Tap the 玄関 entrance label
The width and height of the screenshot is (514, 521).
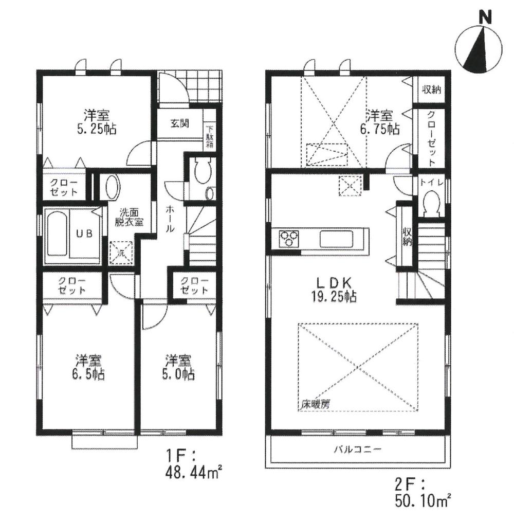click(179, 123)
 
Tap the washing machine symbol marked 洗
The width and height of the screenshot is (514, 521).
click(122, 253)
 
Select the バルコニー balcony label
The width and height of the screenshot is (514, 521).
click(357, 450)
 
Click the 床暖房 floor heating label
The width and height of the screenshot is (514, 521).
click(315, 405)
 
